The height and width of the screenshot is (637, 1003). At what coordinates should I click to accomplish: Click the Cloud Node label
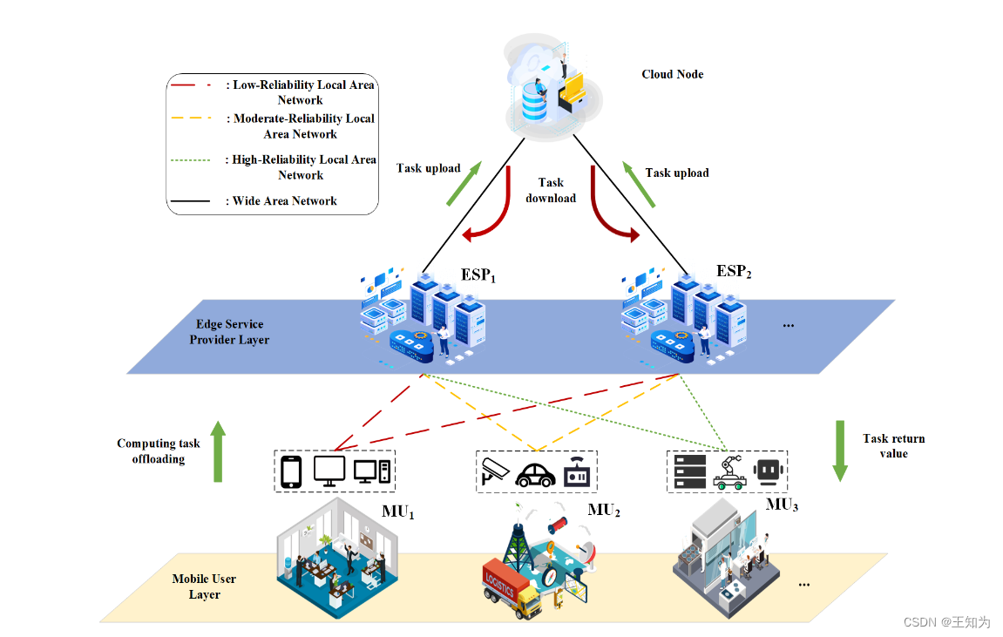(x=672, y=74)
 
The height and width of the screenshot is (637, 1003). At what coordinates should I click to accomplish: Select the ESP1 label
(x=478, y=275)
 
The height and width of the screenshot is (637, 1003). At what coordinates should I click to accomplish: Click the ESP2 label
(x=734, y=272)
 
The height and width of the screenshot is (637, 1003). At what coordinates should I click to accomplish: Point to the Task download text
(x=551, y=190)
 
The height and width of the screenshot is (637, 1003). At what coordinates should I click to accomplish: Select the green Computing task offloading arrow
(x=218, y=451)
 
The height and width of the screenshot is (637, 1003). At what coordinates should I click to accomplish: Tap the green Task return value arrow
(x=840, y=451)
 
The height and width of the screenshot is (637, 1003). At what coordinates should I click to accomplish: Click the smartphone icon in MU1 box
(x=291, y=472)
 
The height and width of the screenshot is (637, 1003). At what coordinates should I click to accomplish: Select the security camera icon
(x=494, y=471)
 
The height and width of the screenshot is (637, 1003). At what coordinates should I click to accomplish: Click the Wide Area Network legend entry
(x=284, y=200)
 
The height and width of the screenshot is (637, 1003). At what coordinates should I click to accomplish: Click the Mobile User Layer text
(x=204, y=586)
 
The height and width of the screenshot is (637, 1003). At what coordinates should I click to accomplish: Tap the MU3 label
(x=782, y=505)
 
